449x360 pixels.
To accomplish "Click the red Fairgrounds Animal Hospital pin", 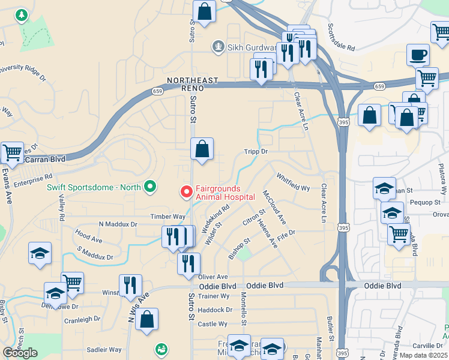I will [187, 192].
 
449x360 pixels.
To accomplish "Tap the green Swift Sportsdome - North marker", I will [150, 187].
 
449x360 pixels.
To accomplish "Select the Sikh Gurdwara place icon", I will [219, 46].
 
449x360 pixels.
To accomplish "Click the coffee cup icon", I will [418, 55].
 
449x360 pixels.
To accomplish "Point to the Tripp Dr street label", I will [255, 152].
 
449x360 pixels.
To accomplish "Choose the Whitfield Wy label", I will [293, 182].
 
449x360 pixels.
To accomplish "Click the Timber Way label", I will [168, 217].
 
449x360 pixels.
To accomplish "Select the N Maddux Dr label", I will [118, 224].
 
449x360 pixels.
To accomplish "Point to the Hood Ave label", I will [89, 239].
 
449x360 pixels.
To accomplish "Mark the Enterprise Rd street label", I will [34, 178].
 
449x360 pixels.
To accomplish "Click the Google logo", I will [20, 353].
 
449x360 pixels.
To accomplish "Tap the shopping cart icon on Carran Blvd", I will [12, 153].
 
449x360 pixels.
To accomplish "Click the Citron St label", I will [253, 219].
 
